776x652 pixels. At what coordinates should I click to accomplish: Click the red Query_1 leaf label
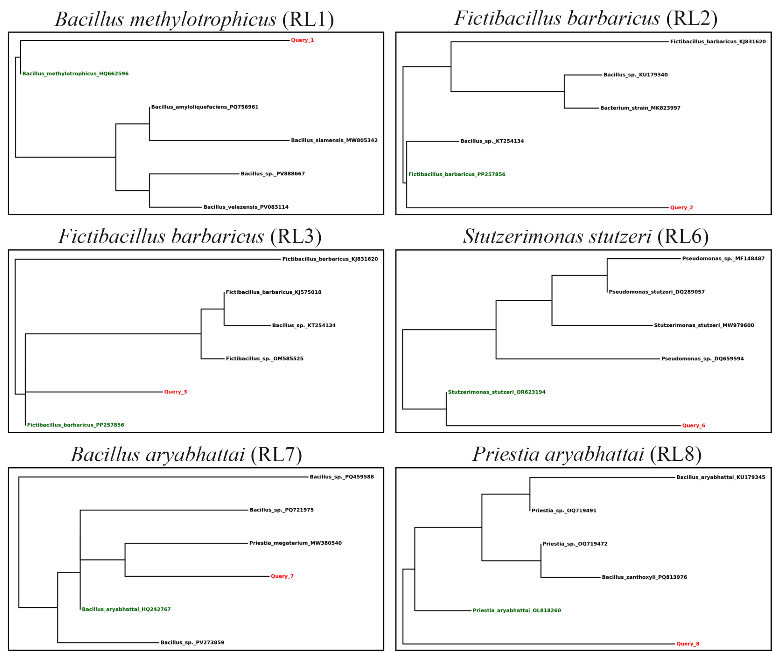pyautogui.click(x=302, y=40)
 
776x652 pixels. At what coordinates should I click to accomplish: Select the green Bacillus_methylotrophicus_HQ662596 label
pyautogui.click(x=76, y=73)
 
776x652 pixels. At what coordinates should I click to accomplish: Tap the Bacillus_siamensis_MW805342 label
pyautogui.click(x=334, y=140)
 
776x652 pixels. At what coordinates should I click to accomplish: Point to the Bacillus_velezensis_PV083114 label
pyautogui.click(x=246, y=207)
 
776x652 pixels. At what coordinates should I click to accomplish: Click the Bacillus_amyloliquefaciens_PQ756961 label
pyautogui.click(x=205, y=107)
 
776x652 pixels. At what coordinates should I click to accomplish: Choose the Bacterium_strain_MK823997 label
pyautogui.click(x=640, y=108)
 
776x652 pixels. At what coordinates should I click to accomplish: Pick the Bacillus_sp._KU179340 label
pyautogui.click(x=635, y=74)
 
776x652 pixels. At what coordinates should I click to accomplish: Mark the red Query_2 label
pyautogui.click(x=682, y=208)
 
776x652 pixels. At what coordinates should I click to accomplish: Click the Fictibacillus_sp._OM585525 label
pyautogui.click(x=265, y=359)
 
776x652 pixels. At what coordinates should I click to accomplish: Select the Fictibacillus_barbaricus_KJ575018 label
pyautogui.click(x=274, y=292)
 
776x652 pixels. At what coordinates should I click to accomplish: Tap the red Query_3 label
pyautogui.click(x=176, y=392)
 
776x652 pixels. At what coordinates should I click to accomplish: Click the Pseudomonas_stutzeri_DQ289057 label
pyautogui.click(x=656, y=292)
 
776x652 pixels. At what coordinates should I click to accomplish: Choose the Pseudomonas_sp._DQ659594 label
pyautogui.click(x=703, y=359)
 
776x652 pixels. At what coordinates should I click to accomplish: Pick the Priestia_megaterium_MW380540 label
pyautogui.click(x=295, y=543)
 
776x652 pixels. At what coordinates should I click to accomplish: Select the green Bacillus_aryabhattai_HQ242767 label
pyautogui.click(x=126, y=609)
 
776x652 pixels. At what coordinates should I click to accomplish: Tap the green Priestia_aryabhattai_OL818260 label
pyautogui.click(x=517, y=610)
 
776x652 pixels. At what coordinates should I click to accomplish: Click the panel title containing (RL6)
pyautogui.click(x=586, y=237)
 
